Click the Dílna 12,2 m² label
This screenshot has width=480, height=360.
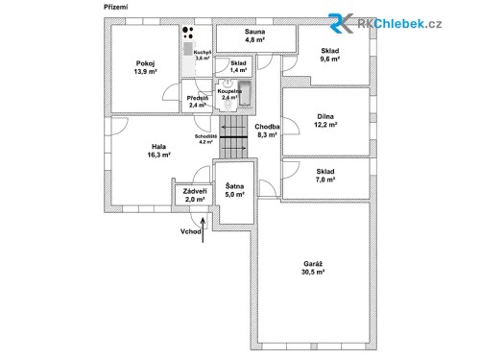[325, 121]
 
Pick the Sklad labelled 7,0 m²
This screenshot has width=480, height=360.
[325, 176]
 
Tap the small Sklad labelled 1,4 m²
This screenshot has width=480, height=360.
[237, 67]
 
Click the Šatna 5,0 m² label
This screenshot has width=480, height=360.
[233, 190]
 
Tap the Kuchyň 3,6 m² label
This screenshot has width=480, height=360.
[203, 56]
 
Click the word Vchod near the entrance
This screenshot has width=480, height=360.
[190, 231]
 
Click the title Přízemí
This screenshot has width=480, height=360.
[114, 8]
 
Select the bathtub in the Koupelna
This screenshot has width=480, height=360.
[245, 94]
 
